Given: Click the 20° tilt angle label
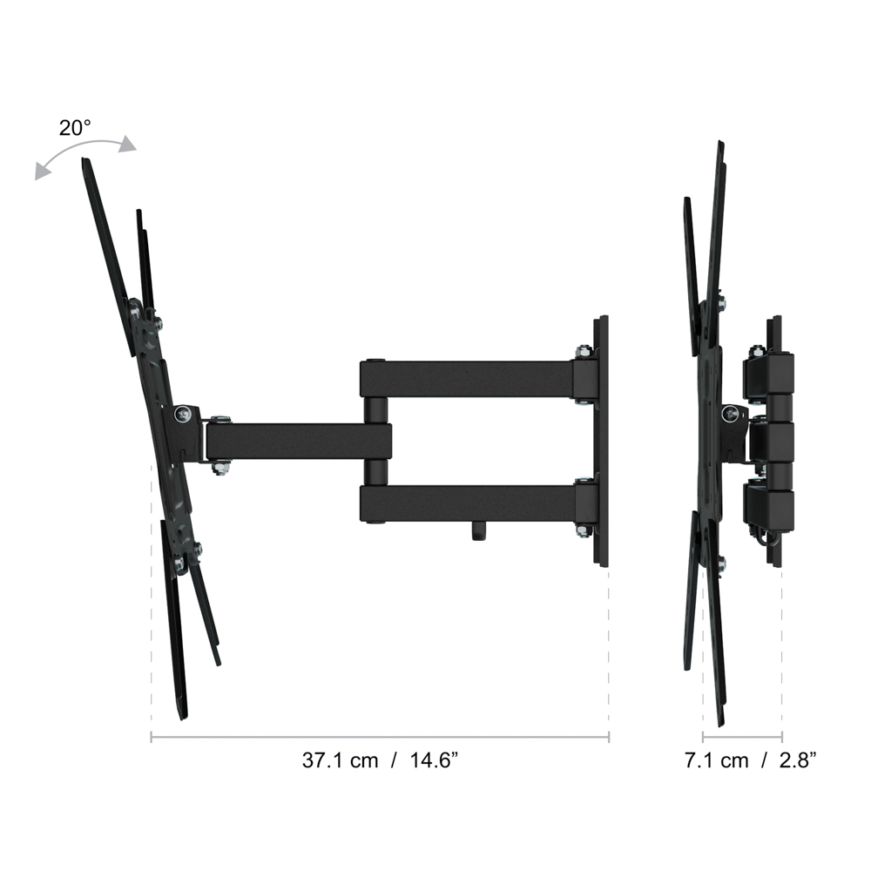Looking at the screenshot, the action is [74, 128].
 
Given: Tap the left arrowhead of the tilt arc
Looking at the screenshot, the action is [42, 172].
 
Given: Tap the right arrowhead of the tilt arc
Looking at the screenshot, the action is [128, 144].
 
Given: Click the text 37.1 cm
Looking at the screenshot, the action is [340, 760].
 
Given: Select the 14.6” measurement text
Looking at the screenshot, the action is [434, 760].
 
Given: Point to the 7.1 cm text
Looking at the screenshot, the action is [717, 760].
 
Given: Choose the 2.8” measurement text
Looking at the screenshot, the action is [798, 760].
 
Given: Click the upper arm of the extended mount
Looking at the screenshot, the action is [472, 379].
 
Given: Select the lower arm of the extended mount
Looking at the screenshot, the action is [472, 503].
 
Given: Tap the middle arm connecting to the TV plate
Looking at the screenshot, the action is [299, 442].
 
